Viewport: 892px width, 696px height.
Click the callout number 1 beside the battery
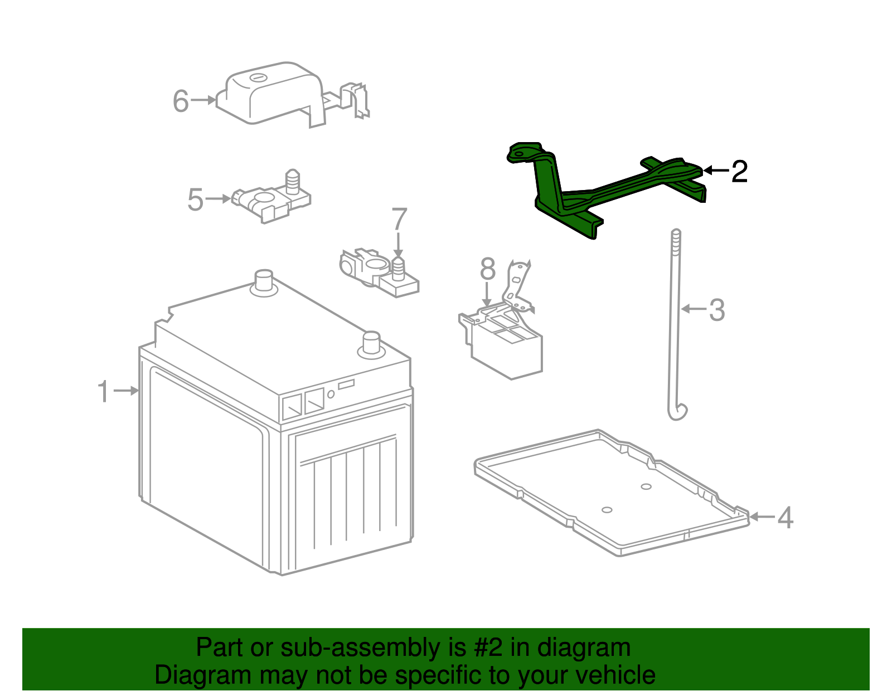(x=104, y=391)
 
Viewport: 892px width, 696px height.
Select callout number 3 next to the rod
(x=717, y=310)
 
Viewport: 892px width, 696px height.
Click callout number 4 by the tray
(x=785, y=518)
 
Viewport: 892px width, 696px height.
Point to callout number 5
(x=195, y=199)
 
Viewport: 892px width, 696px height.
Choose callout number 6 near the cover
(x=181, y=101)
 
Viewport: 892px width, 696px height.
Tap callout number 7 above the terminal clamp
(x=399, y=220)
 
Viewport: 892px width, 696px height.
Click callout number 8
(x=488, y=270)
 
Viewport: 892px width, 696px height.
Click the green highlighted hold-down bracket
(x=613, y=189)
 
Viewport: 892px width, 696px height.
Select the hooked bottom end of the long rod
(x=677, y=412)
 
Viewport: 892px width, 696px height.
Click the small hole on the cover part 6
(x=258, y=77)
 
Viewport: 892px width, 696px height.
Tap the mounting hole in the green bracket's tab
(x=519, y=152)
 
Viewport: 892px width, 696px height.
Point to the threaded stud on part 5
(x=293, y=181)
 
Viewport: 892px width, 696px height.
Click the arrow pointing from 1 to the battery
(x=127, y=391)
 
